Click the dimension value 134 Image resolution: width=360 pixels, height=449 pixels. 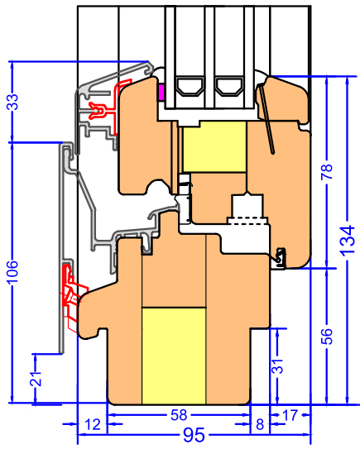(x=347, y=241)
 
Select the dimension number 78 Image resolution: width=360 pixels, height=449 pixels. (x=327, y=172)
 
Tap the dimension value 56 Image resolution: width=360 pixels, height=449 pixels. (x=327, y=337)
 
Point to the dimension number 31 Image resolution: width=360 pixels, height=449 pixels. (x=277, y=366)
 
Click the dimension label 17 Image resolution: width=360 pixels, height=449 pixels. (x=290, y=415)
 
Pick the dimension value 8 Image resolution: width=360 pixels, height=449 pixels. (x=260, y=424)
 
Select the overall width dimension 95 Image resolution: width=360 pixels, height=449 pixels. (x=194, y=435)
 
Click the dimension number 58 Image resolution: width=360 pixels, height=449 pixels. (x=179, y=415)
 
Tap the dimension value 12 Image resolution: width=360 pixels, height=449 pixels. (x=93, y=424)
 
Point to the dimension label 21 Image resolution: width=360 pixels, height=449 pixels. (x=36, y=379)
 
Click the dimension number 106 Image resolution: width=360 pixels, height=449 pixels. (x=12, y=272)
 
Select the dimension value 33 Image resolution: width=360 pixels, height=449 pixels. (x=12, y=102)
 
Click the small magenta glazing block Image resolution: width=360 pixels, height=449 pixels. (x=161, y=93)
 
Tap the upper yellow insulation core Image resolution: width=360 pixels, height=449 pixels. (x=214, y=147)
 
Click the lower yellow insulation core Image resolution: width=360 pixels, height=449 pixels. (x=174, y=356)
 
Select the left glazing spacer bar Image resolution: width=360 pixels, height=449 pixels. (x=190, y=85)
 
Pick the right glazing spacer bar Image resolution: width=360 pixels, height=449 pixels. (x=229, y=85)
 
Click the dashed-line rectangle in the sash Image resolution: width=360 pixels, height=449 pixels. (x=247, y=221)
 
